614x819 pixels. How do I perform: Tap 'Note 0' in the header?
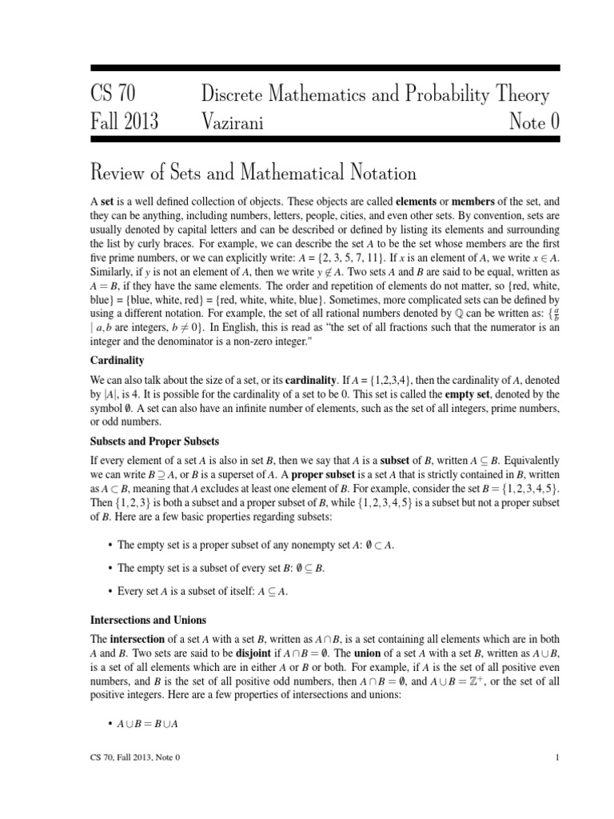pyautogui.click(x=528, y=122)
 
